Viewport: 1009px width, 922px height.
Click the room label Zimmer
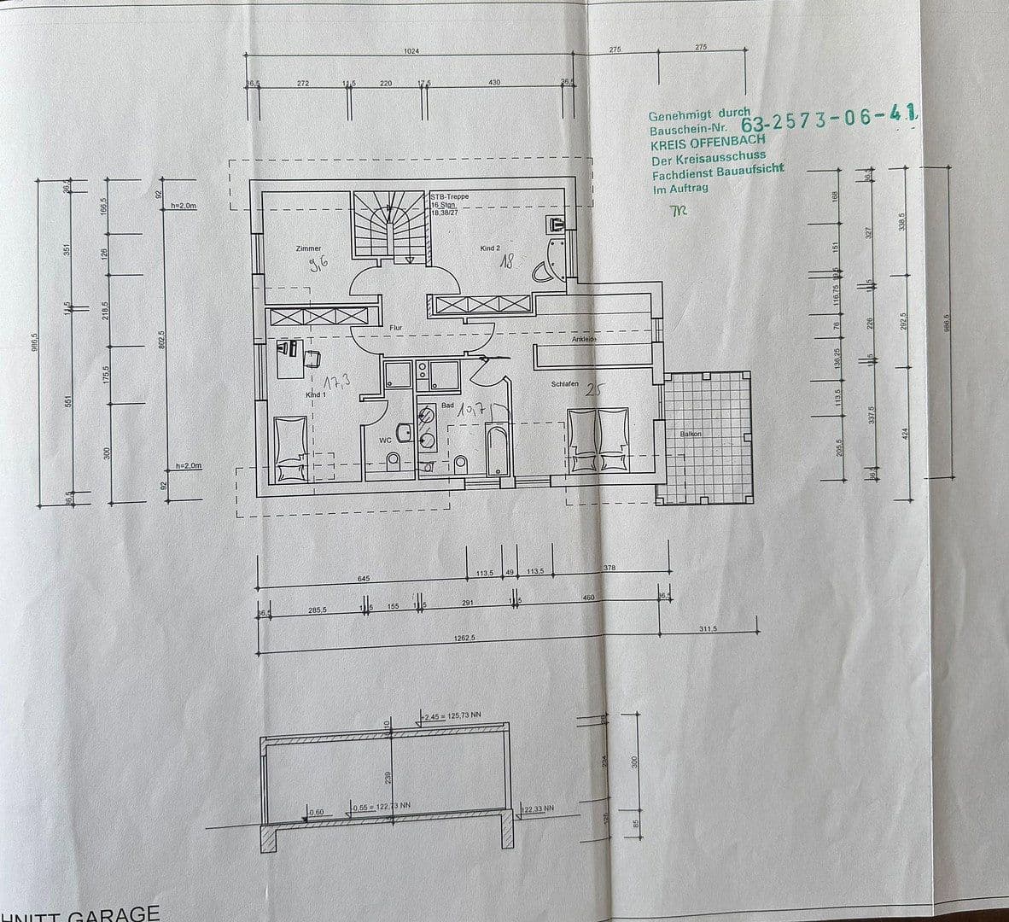308,248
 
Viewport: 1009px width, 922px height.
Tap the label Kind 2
490,248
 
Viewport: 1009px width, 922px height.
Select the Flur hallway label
395,327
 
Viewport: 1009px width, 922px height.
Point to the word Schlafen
565,384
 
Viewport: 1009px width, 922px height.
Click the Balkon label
690,434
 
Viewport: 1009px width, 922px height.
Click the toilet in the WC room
394,463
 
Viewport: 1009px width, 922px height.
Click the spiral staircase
389,224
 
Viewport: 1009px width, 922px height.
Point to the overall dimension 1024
411,51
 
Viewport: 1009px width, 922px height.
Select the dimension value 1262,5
464,637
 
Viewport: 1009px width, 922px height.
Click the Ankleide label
584,340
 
